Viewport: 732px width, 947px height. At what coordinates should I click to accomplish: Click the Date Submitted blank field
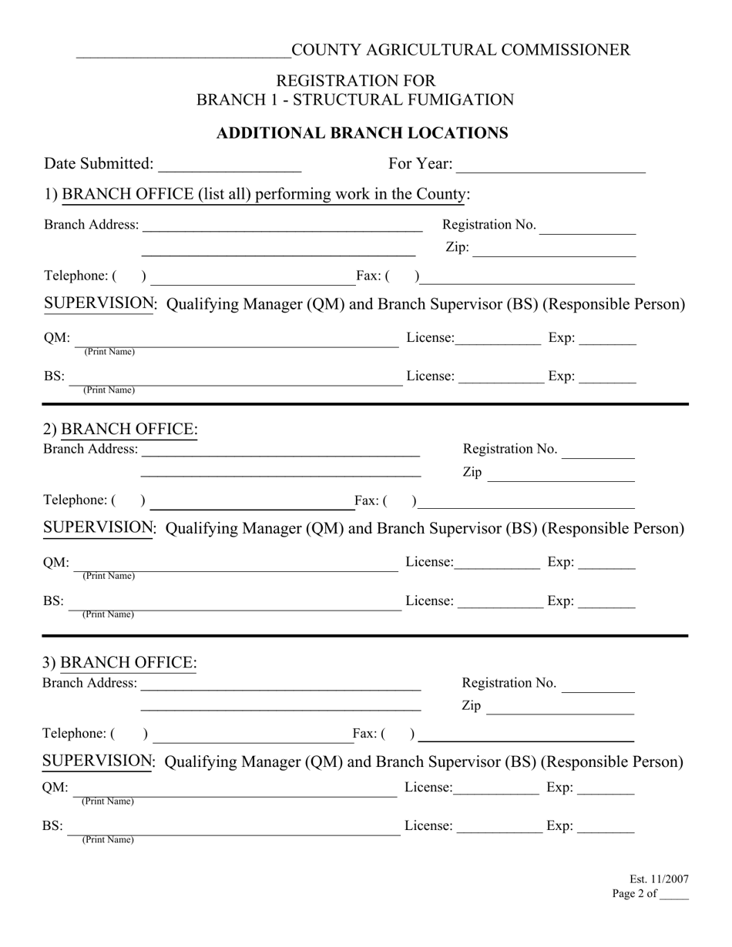tap(229, 166)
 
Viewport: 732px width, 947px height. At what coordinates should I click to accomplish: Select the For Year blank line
tap(551, 166)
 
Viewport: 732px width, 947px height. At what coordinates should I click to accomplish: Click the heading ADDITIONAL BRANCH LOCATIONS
tap(362, 133)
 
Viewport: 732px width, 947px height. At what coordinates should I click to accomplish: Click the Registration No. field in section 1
tap(589, 226)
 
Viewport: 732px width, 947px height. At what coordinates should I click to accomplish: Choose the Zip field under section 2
tap(561, 474)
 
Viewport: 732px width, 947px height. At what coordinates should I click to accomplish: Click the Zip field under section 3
tap(560, 708)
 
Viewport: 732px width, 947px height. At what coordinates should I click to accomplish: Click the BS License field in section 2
tap(500, 603)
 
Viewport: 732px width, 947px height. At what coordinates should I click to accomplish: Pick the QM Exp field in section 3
tap(606, 789)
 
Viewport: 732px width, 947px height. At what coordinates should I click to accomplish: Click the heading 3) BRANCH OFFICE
tap(119, 663)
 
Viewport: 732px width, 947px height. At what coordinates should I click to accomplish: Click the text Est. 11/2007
tap(659, 879)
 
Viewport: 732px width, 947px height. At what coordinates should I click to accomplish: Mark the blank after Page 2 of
tap(674, 895)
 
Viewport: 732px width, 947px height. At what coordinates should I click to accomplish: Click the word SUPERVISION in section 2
tap(99, 528)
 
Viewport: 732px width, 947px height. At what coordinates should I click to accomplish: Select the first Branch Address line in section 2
tap(280, 450)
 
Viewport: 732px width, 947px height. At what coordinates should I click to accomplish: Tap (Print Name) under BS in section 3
tap(107, 840)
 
